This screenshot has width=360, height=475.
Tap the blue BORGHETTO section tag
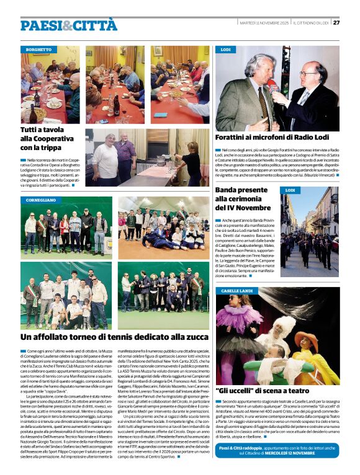pos(39,49)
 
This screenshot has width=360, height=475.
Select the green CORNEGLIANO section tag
pos(41,201)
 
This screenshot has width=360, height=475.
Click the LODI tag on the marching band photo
pos(289,190)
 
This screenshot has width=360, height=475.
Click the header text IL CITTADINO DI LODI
pos(311,23)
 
